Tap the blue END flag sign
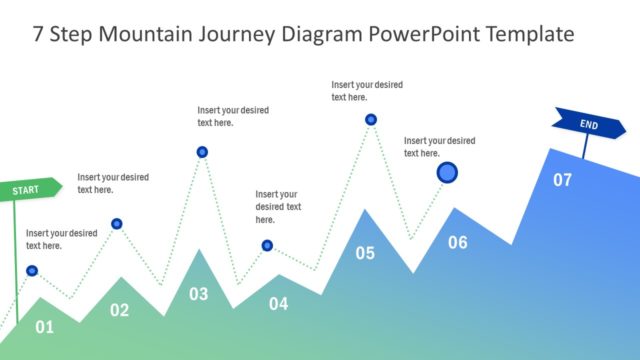pos(589,125)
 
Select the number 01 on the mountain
pos(44,327)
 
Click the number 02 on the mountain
pos(119,310)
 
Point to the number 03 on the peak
pos(199,294)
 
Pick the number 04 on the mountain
pos(278,303)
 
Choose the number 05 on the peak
pos(365,253)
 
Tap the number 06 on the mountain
pos(457,242)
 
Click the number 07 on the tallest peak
pos(563,180)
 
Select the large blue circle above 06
pos(447,173)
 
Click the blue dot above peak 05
pos(371,120)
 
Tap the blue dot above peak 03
pos(202,152)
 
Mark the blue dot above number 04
pos(267,245)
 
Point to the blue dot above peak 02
pos(117,224)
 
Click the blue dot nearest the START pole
pos(32,270)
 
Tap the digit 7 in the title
pos(39,34)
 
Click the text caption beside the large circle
pos(439,147)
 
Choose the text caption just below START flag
pos(61,239)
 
